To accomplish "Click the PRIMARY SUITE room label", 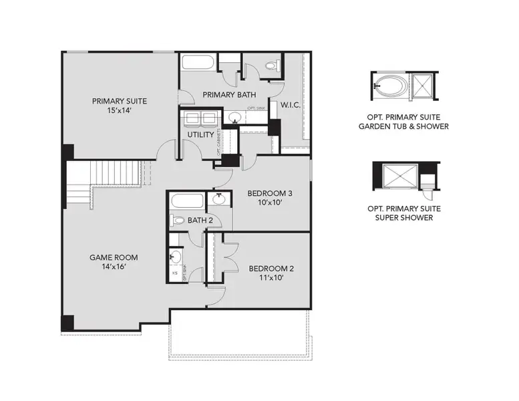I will click(x=120, y=101).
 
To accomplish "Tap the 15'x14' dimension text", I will click(x=120, y=111).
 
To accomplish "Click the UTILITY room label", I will click(x=200, y=134).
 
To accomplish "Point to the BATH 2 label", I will click(x=200, y=220).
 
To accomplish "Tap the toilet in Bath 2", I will click(x=178, y=220).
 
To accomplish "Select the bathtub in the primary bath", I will click(x=198, y=65).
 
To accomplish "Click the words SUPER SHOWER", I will click(x=403, y=218).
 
